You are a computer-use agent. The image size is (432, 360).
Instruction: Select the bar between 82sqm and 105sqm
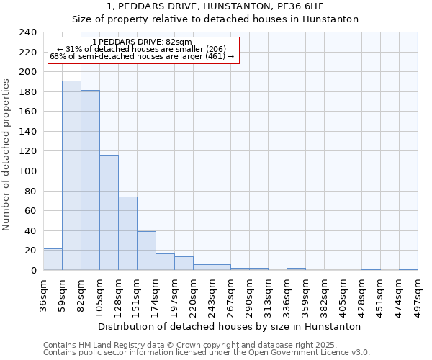tap(90, 180)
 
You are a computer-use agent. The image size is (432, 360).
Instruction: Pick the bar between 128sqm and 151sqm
tap(127, 233)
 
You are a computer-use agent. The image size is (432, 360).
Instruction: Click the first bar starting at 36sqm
tap(53, 259)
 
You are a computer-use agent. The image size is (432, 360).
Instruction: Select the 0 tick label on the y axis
tap(33, 271)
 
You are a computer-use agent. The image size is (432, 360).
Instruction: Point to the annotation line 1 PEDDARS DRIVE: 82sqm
tap(143, 42)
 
